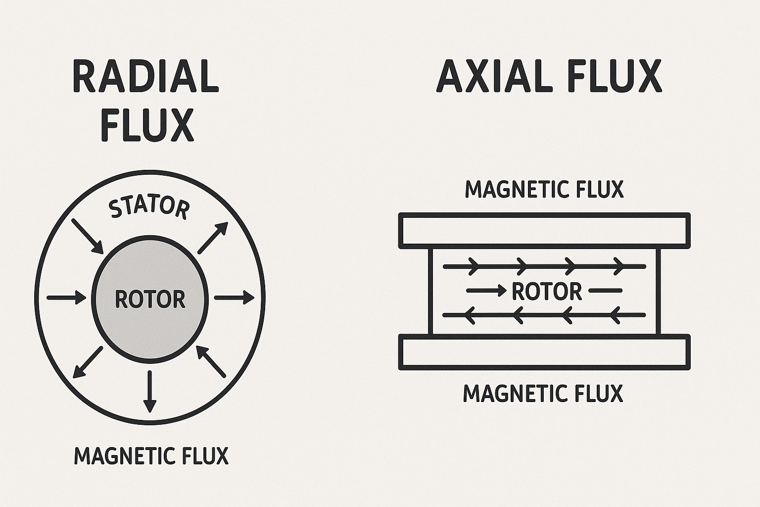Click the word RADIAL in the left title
point(145,77)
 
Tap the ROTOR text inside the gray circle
point(150,299)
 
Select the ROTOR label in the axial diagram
point(546,291)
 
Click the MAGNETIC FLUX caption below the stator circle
point(151,456)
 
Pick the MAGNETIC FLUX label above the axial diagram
point(544,189)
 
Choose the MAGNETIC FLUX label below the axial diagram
point(543,393)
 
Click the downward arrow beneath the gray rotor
point(149,391)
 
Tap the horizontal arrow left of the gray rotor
point(66,298)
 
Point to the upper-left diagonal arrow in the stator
point(88,235)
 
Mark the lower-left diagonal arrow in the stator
point(88,362)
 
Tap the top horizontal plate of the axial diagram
point(544,230)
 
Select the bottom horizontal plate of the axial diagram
point(544,352)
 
